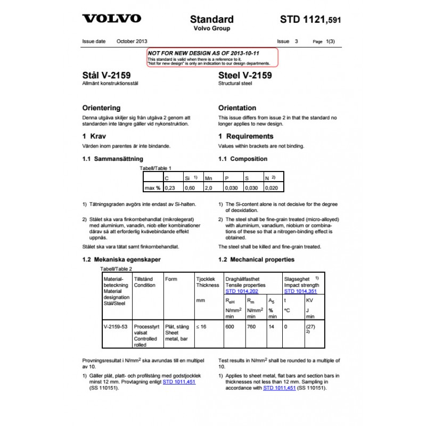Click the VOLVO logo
(x=112, y=19)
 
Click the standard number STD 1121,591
(x=310, y=20)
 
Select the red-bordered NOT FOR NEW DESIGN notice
(x=213, y=57)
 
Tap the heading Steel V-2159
(x=245, y=76)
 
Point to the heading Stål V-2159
(x=106, y=76)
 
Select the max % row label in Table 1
(x=152, y=188)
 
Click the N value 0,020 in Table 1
(x=272, y=188)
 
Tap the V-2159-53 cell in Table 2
(x=115, y=326)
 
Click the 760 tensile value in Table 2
(x=253, y=326)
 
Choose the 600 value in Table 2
(x=231, y=326)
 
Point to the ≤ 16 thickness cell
(x=201, y=326)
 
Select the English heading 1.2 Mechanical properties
(x=256, y=260)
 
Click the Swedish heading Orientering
(x=101, y=108)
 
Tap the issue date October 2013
(x=132, y=41)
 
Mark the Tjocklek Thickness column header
(x=207, y=282)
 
